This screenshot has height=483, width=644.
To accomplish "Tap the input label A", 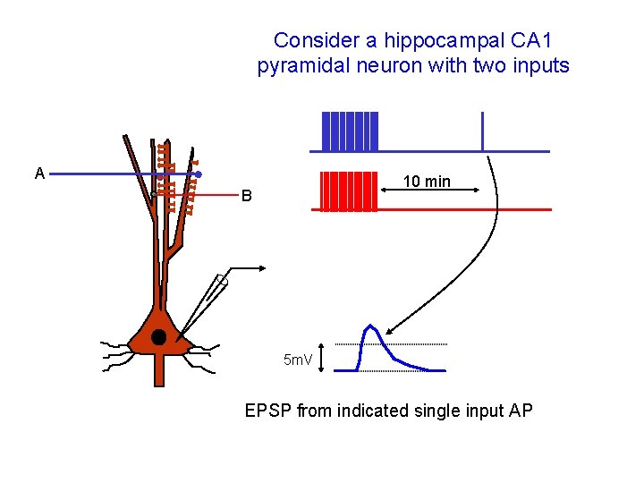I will click(x=39, y=174).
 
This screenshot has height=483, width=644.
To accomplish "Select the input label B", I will click(x=246, y=197).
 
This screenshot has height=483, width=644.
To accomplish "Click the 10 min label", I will click(x=427, y=182).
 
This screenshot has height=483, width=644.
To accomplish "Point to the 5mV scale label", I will click(x=297, y=360).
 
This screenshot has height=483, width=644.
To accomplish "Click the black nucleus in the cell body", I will click(x=159, y=337).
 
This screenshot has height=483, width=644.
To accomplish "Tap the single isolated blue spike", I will click(x=482, y=131).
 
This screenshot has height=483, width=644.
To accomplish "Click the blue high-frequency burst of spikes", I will click(x=350, y=131).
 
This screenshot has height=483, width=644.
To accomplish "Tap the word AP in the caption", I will click(x=521, y=411).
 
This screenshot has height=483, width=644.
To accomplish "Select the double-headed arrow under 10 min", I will click(x=428, y=191).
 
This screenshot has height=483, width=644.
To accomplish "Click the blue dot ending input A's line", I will click(x=199, y=174).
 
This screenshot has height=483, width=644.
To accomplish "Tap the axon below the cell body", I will click(x=159, y=371).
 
